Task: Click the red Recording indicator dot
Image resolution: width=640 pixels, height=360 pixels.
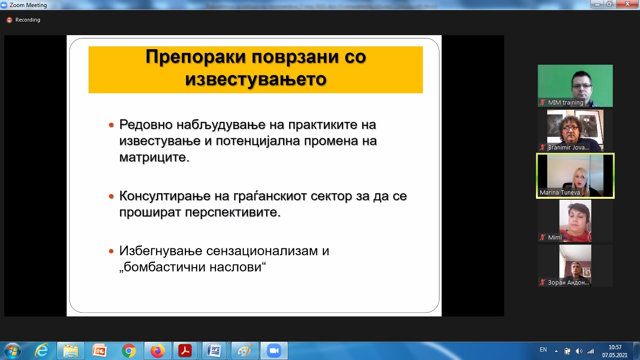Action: (9, 20)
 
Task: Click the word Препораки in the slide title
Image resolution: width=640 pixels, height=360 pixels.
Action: (196, 57)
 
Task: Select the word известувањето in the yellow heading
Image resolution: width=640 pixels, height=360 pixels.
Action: (256, 79)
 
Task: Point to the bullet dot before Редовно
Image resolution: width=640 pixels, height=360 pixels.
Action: (112, 125)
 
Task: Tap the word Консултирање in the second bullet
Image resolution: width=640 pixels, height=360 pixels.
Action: (174, 196)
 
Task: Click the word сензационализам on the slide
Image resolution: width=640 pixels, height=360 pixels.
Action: (262, 251)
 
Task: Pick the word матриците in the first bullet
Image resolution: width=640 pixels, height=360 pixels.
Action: (154, 157)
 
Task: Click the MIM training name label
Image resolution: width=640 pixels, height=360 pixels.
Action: (566, 102)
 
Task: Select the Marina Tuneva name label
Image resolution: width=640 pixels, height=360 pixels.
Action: (559, 193)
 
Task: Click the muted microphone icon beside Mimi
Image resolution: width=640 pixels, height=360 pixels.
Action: (542, 237)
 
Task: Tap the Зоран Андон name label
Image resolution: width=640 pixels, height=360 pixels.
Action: (568, 283)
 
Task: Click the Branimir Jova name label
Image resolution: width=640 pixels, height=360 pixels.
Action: (568, 148)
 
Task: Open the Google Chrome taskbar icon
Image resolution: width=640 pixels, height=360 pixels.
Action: (129, 351)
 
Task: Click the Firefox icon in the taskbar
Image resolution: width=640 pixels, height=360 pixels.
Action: (158, 351)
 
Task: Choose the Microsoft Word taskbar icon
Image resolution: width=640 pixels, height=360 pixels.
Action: (214, 351)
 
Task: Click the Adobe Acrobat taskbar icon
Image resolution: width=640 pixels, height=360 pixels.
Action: (185, 351)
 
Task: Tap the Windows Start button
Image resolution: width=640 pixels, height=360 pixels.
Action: (13, 351)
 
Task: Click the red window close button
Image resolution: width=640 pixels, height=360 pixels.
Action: (627, 4)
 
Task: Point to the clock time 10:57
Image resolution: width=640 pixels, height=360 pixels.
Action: (615, 347)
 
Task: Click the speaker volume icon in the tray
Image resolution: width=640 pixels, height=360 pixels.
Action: (579, 351)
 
